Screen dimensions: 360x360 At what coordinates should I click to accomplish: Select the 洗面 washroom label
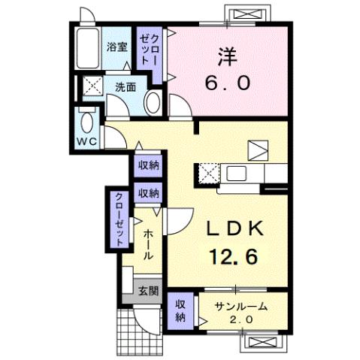125,86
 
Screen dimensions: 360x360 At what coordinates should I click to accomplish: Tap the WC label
84,141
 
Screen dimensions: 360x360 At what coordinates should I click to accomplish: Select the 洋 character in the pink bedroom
228,55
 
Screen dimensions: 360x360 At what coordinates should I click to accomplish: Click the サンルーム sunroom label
241,306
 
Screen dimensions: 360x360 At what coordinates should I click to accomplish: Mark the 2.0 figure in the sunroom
240,320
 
